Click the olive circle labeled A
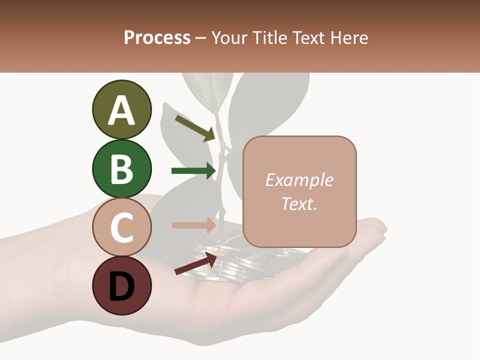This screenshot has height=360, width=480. pos(121,109)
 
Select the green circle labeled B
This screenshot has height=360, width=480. pos(121,168)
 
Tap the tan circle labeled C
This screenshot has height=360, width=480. pos(121,227)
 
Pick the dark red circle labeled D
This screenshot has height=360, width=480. pos(121,285)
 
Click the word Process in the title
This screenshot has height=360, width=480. pos(157,37)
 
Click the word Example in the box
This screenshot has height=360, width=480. pos(299,180)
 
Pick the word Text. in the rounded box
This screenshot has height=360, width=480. pos(299,203)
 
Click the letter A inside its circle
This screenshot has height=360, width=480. pos(121,110)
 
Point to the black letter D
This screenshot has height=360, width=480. pos(121,286)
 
